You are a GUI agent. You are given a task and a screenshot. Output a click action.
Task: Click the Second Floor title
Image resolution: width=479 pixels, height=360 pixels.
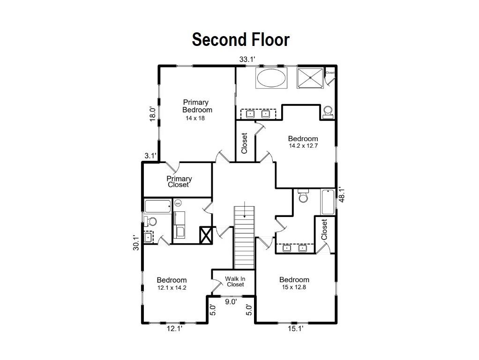(x=240, y=39)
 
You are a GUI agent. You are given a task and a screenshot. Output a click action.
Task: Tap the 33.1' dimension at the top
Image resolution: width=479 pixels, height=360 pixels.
(x=247, y=60)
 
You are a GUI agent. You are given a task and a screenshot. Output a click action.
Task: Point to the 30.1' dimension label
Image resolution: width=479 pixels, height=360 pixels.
(x=136, y=242)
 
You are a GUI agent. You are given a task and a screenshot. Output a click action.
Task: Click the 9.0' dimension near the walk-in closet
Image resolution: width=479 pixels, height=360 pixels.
(x=231, y=302)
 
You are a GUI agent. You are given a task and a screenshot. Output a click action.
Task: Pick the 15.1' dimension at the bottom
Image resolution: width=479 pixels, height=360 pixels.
(x=295, y=330)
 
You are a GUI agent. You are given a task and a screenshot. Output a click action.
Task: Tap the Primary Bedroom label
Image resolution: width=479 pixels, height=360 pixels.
(x=196, y=106)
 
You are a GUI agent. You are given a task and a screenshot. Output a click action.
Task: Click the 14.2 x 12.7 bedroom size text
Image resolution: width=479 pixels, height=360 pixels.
(x=303, y=146)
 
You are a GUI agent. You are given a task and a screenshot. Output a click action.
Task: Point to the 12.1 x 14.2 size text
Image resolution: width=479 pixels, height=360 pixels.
(x=172, y=288)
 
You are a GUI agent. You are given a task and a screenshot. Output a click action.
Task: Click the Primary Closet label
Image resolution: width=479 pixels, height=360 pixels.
(x=179, y=181)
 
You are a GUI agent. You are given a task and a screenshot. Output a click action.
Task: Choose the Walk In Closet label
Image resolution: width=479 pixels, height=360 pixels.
(x=235, y=281)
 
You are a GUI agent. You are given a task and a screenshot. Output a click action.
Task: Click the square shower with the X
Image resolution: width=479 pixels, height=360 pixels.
(x=311, y=77)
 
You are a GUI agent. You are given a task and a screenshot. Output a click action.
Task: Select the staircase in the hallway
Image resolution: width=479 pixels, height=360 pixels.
(x=244, y=237)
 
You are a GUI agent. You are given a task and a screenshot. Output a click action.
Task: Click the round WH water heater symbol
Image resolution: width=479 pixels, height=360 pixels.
(x=178, y=203)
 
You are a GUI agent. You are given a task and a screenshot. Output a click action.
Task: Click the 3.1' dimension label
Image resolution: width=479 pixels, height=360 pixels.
(x=150, y=155)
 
